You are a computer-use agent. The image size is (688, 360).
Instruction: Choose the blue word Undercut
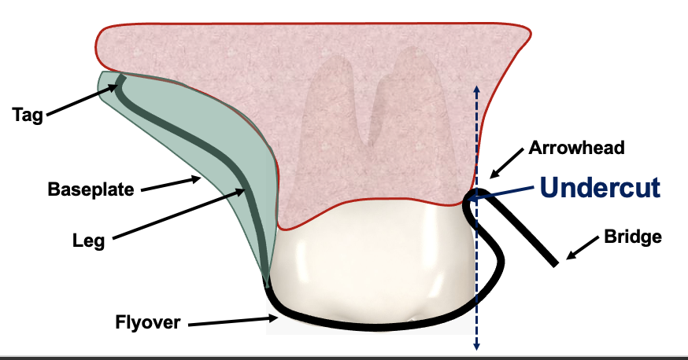(599, 188)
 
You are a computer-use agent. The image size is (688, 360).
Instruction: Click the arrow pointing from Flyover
(231, 319)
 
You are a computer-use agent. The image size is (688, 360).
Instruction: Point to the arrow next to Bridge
(583, 249)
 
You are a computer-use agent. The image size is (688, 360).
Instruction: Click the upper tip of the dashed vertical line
(475, 85)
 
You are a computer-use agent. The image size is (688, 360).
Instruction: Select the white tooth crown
(370, 267)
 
